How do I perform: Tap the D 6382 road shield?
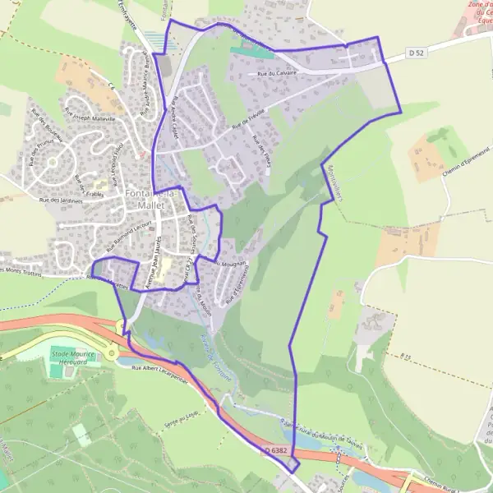click(279, 450)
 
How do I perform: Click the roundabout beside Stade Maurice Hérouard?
click(112, 353)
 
